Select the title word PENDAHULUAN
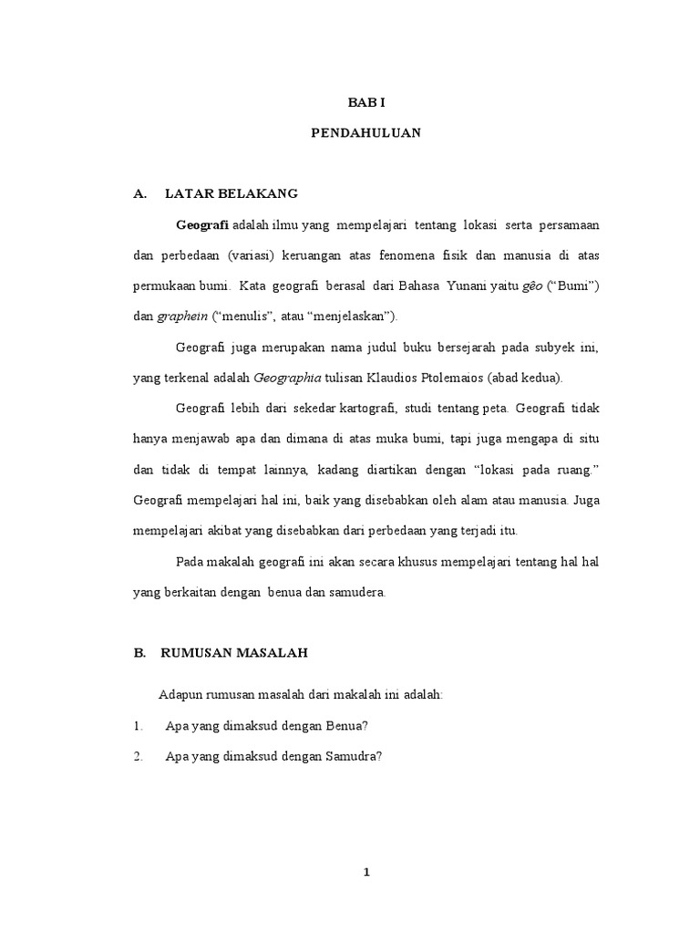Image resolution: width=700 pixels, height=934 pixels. (365, 132)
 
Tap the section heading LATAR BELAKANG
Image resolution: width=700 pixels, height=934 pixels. (232, 194)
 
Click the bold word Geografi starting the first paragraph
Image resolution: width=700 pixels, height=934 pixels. (202, 224)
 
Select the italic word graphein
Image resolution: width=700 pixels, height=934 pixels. (182, 317)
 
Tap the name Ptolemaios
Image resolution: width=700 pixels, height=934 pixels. (439, 378)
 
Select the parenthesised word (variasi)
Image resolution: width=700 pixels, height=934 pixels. (258, 255)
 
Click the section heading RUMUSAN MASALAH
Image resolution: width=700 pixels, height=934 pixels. (234, 653)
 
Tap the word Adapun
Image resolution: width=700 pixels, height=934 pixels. (180, 695)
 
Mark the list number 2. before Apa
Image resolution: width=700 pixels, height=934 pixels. (138, 756)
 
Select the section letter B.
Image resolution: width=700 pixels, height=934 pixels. (139, 653)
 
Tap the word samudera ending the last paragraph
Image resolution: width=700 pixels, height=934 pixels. (355, 592)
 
